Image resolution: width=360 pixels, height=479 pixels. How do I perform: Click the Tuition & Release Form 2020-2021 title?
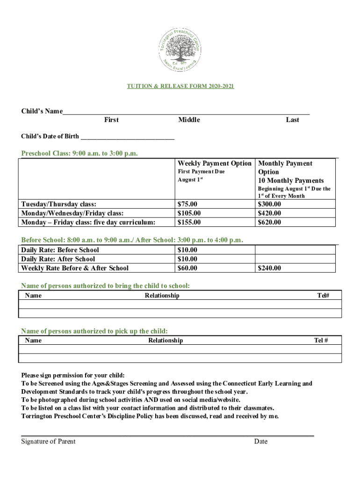pos(180,87)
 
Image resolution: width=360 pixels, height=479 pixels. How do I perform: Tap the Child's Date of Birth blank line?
pos(127,137)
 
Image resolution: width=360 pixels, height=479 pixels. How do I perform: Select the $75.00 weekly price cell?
pos(187,204)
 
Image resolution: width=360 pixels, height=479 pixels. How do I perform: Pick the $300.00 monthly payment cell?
pos(269,204)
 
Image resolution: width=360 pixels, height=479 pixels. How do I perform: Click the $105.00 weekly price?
pos(189,213)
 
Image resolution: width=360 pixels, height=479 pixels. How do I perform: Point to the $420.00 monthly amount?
pos(269,213)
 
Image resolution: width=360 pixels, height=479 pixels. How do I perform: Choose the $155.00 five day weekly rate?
pos(189,222)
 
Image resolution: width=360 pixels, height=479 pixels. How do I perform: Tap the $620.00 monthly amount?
pos(269,222)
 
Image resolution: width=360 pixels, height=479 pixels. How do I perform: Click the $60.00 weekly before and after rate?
pos(187,268)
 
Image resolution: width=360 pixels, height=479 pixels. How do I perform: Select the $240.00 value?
pos(269,268)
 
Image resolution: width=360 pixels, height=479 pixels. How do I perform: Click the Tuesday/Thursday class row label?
pos(59,204)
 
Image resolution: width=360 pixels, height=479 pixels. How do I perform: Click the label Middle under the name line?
pos(189,120)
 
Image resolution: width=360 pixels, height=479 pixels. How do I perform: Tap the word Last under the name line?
pos(292,120)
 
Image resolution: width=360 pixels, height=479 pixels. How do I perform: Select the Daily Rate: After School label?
pos(58,259)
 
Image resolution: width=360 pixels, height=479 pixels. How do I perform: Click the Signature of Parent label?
pos(48,441)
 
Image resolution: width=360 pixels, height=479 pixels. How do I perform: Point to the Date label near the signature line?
pos(261,441)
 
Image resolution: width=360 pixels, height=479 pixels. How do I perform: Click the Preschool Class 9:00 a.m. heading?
pos(79,153)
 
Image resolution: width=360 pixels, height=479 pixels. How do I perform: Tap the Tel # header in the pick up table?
pos(321,340)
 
